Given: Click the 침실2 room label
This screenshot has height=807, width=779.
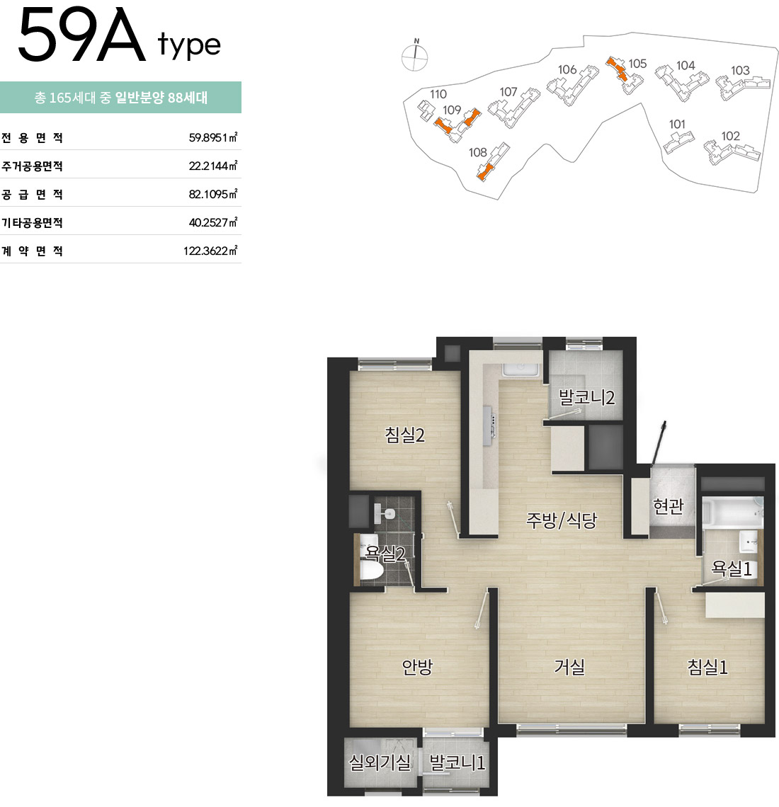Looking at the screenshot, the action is pos(404,435).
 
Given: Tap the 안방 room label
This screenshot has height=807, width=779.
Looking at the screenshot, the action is pos(417,667).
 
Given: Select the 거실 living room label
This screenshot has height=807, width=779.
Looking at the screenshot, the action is pos(569,667).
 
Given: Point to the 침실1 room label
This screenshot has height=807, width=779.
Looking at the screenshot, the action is pos(707,667).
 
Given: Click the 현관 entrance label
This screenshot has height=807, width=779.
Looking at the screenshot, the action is pos(668,506).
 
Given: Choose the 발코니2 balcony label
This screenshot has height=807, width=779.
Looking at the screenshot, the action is pos(586,397).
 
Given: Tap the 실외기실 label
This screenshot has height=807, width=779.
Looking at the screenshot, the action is pos(380,762).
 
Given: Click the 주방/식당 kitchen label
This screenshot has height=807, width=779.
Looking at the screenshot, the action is pos(561,520).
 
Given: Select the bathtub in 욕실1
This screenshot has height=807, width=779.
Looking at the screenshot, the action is pos(733,512).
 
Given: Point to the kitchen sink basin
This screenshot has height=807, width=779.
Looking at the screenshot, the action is pos(521,370).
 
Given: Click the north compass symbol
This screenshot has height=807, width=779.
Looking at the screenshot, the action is pos(414,55).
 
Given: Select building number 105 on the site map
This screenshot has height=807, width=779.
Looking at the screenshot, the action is pos(637,63).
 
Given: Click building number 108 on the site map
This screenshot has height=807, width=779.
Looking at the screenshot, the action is pos(477,152).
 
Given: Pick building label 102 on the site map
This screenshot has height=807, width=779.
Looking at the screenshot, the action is pos(730,136).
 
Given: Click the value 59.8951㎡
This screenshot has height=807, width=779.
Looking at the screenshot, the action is pos(212,137).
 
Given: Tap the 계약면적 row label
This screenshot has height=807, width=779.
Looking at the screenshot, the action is pos(32,251).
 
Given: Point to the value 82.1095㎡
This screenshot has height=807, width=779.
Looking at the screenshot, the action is pos(212,194).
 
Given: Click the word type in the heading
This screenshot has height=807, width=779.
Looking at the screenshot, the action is pos(190,45).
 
